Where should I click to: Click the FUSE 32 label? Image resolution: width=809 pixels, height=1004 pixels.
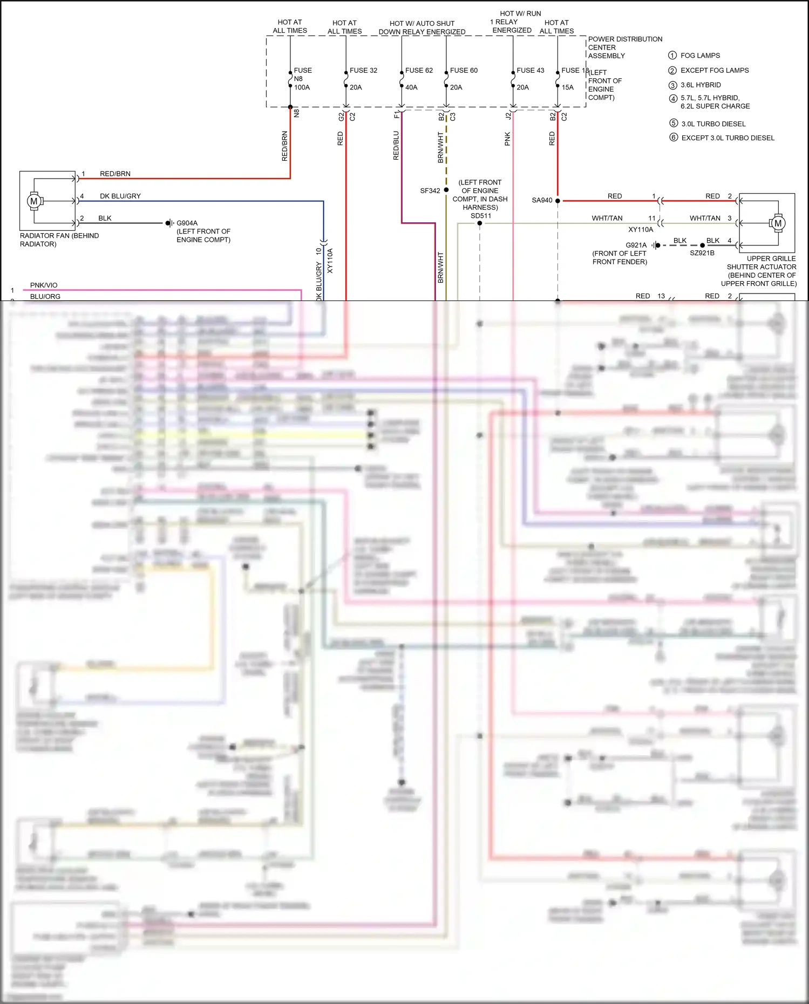(x=363, y=70)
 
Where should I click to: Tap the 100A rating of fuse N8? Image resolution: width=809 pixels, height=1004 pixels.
(x=302, y=87)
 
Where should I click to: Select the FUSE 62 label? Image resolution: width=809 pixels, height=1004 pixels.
(x=419, y=70)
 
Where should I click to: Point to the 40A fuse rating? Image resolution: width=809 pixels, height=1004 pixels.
(x=411, y=87)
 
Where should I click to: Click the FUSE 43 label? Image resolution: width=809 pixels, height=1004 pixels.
(x=530, y=70)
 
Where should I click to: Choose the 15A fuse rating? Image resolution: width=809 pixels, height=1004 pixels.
(x=567, y=87)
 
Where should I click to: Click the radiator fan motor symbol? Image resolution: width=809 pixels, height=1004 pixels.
(x=34, y=201)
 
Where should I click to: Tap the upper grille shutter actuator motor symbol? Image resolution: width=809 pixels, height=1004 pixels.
(x=777, y=223)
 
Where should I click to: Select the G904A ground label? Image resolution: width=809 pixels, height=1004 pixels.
(x=187, y=223)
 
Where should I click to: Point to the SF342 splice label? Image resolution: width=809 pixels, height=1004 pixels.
(x=430, y=190)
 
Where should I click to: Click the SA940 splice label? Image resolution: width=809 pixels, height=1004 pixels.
(x=542, y=200)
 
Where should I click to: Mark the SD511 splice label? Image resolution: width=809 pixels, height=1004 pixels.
(x=480, y=216)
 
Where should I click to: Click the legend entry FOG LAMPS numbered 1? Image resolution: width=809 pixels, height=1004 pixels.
(x=700, y=56)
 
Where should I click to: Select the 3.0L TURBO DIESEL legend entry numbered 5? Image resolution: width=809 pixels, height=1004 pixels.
(x=713, y=124)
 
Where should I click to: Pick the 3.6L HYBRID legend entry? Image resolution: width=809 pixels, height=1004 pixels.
(x=701, y=85)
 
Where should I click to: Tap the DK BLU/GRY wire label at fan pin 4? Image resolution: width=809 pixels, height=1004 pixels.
(x=120, y=196)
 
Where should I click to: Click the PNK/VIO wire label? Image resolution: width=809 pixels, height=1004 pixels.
(x=44, y=285)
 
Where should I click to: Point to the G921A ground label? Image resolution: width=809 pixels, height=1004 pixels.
(x=636, y=245)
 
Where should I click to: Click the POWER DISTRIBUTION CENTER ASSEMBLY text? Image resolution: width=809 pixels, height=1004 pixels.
(x=624, y=47)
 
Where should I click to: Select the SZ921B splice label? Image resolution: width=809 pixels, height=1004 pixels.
(x=702, y=253)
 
